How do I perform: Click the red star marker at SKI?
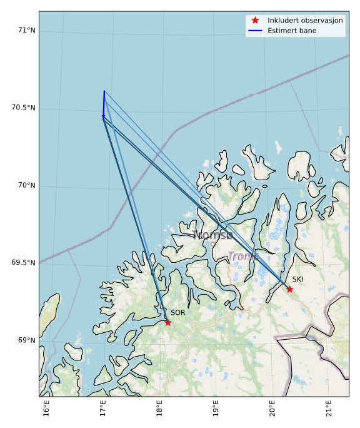pyautogui.click(x=289, y=289)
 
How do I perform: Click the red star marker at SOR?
pyautogui.click(x=167, y=322)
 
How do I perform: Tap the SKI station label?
pyautogui.click(x=298, y=279)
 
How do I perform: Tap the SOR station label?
pyautogui.click(x=178, y=312)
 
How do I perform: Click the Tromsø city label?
pyautogui.click(x=213, y=235)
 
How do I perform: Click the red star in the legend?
pyautogui.click(x=255, y=21)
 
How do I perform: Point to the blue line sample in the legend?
pyautogui.click(x=255, y=31)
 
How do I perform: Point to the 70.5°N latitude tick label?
pyautogui.click(x=24, y=108)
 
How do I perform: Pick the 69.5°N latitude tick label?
pyautogui.click(x=24, y=263)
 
